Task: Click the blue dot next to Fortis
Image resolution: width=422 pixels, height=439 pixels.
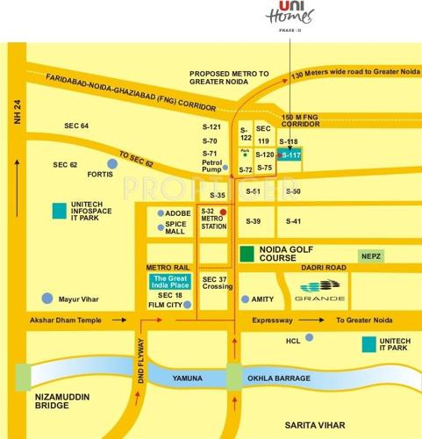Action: (x=111, y=163)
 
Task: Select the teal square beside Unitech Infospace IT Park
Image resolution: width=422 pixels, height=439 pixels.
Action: (x=59, y=211)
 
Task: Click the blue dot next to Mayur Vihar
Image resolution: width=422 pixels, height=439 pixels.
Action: (x=47, y=298)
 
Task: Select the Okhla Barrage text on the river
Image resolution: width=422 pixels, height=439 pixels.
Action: (x=280, y=378)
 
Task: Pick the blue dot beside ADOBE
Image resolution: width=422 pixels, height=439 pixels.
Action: (x=160, y=213)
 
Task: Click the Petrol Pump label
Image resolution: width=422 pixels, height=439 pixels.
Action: (x=212, y=166)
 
